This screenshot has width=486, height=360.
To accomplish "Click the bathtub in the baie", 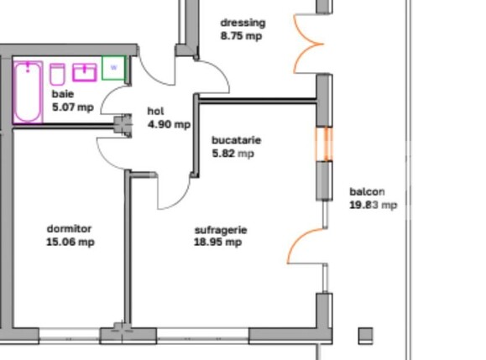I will (x=28, y=91).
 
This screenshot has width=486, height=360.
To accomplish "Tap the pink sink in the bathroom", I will (x=85, y=71).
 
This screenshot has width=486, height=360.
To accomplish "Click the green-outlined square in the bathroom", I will (x=113, y=68).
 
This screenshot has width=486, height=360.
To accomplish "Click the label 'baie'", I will (x=63, y=95).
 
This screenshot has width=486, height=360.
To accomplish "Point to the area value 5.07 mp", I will (x=73, y=107).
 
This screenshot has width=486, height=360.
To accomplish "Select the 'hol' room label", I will (x=155, y=112).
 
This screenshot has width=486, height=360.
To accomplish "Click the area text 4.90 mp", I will (x=169, y=124).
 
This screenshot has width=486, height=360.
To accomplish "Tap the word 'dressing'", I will (x=243, y=23).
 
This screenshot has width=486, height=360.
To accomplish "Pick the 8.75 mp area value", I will (x=241, y=36).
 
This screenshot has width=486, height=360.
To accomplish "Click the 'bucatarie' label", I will (x=236, y=140).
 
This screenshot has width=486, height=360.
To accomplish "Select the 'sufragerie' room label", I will (x=221, y=229).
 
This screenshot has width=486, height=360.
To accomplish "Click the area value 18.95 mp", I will (x=218, y=243).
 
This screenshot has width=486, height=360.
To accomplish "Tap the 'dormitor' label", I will (x=69, y=229).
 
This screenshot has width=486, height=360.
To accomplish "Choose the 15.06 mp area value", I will (x=71, y=243).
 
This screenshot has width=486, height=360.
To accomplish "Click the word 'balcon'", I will (x=368, y=191).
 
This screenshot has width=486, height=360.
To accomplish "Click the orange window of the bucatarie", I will (x=324, y=143).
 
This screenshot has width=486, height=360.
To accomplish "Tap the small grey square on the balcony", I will (x=365, y=336).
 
